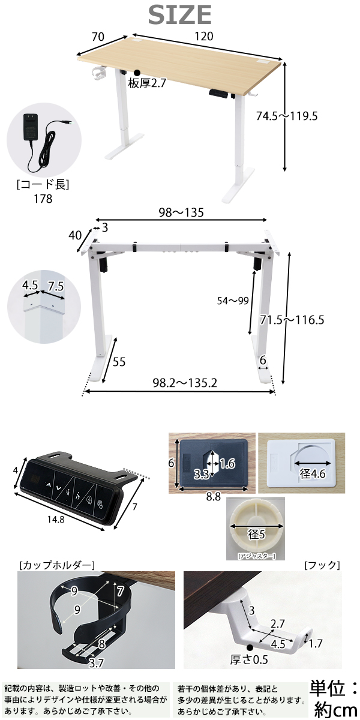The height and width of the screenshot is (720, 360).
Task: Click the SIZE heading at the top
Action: [179, 14]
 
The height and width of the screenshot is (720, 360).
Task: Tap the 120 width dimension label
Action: [204, 37]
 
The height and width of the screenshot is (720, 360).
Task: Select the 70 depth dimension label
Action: [98, 37]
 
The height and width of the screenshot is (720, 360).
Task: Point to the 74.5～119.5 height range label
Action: [287, 115]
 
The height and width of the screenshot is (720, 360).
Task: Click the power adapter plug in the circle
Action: [31, 128]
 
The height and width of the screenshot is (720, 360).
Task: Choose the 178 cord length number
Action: [43, 199]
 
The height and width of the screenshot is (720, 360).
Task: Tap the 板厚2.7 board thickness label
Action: [147, 83]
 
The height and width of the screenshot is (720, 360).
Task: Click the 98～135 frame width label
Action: [181, 212]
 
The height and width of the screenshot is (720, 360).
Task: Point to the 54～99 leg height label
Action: [233, 301]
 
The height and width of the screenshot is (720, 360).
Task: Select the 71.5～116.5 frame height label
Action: [292, 320]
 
